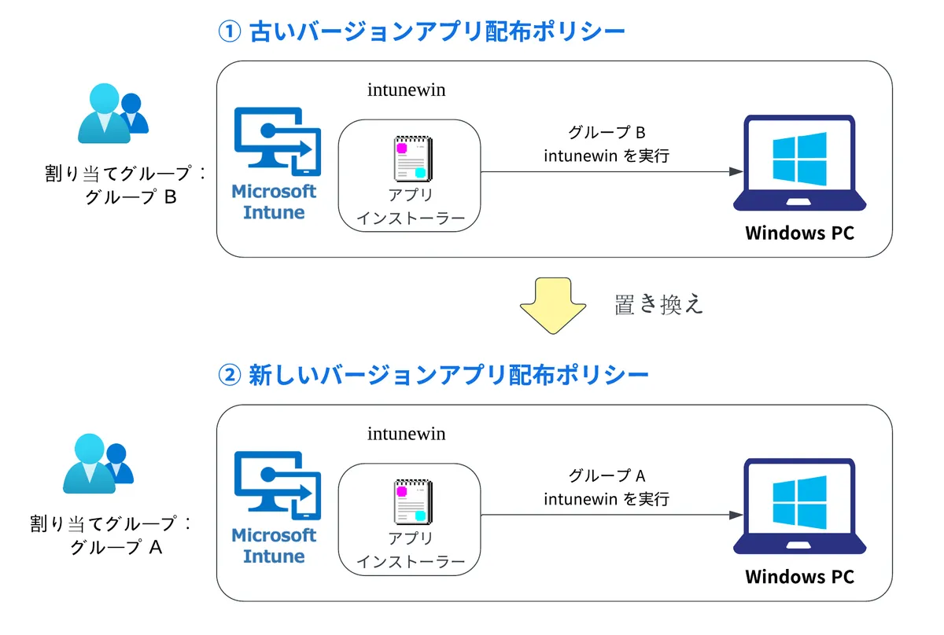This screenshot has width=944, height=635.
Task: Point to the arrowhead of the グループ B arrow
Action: click(736, 172)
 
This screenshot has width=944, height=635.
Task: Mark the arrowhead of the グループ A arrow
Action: click(736, 516)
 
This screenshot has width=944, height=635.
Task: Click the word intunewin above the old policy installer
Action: click(406, 90)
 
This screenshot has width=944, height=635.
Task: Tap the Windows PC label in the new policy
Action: click(799, 577)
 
